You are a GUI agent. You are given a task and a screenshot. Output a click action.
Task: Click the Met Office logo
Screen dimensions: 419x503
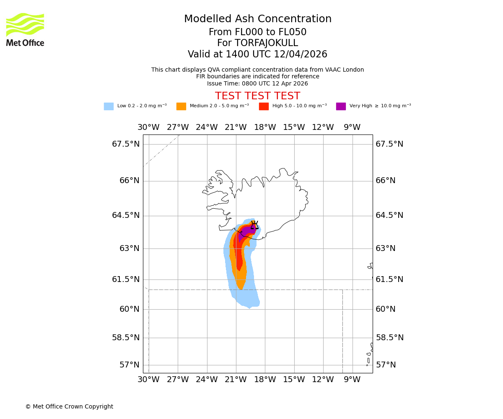pos(25,29)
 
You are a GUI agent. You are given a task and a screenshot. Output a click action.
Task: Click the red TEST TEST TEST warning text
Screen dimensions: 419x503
pos(257,96)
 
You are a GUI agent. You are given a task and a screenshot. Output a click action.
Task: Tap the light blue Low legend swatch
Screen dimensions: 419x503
pos(109,106)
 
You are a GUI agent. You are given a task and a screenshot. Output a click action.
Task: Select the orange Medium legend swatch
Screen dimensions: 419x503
pos(181,106)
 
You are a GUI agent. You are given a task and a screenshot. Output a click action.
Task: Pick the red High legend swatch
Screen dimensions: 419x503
pos(264,106)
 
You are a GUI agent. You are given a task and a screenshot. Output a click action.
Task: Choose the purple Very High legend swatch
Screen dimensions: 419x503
pos(341,106)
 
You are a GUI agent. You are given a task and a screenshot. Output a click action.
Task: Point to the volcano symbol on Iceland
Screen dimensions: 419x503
pos(254,225)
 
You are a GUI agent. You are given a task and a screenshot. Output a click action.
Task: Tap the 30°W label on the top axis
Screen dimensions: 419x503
pos(148,127)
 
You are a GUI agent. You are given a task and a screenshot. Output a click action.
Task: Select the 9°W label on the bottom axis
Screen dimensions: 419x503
pos(352,380)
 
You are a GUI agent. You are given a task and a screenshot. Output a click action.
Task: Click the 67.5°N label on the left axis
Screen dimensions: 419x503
pos(126,144)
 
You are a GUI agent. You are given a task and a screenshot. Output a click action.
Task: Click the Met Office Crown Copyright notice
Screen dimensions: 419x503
pos(69,406)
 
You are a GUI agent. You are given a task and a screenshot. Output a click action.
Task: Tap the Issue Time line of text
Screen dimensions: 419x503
pos(257,83)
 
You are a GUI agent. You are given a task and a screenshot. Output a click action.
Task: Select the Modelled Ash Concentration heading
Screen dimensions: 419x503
pos(257,19)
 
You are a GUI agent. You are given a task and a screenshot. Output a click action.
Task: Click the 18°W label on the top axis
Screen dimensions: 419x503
pos(265,127)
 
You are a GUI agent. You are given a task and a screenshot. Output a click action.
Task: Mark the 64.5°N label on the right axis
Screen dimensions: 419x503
pos(389,215)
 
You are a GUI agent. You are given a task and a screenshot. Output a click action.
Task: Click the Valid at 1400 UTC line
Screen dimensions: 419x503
pos(257,54)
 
